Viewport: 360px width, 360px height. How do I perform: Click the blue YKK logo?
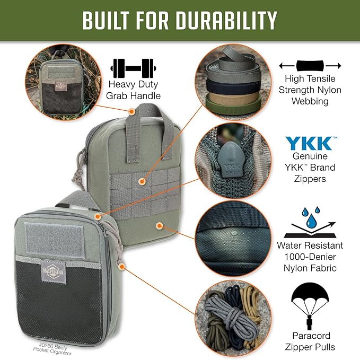pos(310,144)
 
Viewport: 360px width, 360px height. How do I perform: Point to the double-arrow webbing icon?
pos(310,66)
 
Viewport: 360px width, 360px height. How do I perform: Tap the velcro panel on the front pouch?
pos(50,236)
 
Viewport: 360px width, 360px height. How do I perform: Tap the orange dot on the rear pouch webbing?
pos(142,181)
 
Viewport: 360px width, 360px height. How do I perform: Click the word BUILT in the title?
pos(107,20)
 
